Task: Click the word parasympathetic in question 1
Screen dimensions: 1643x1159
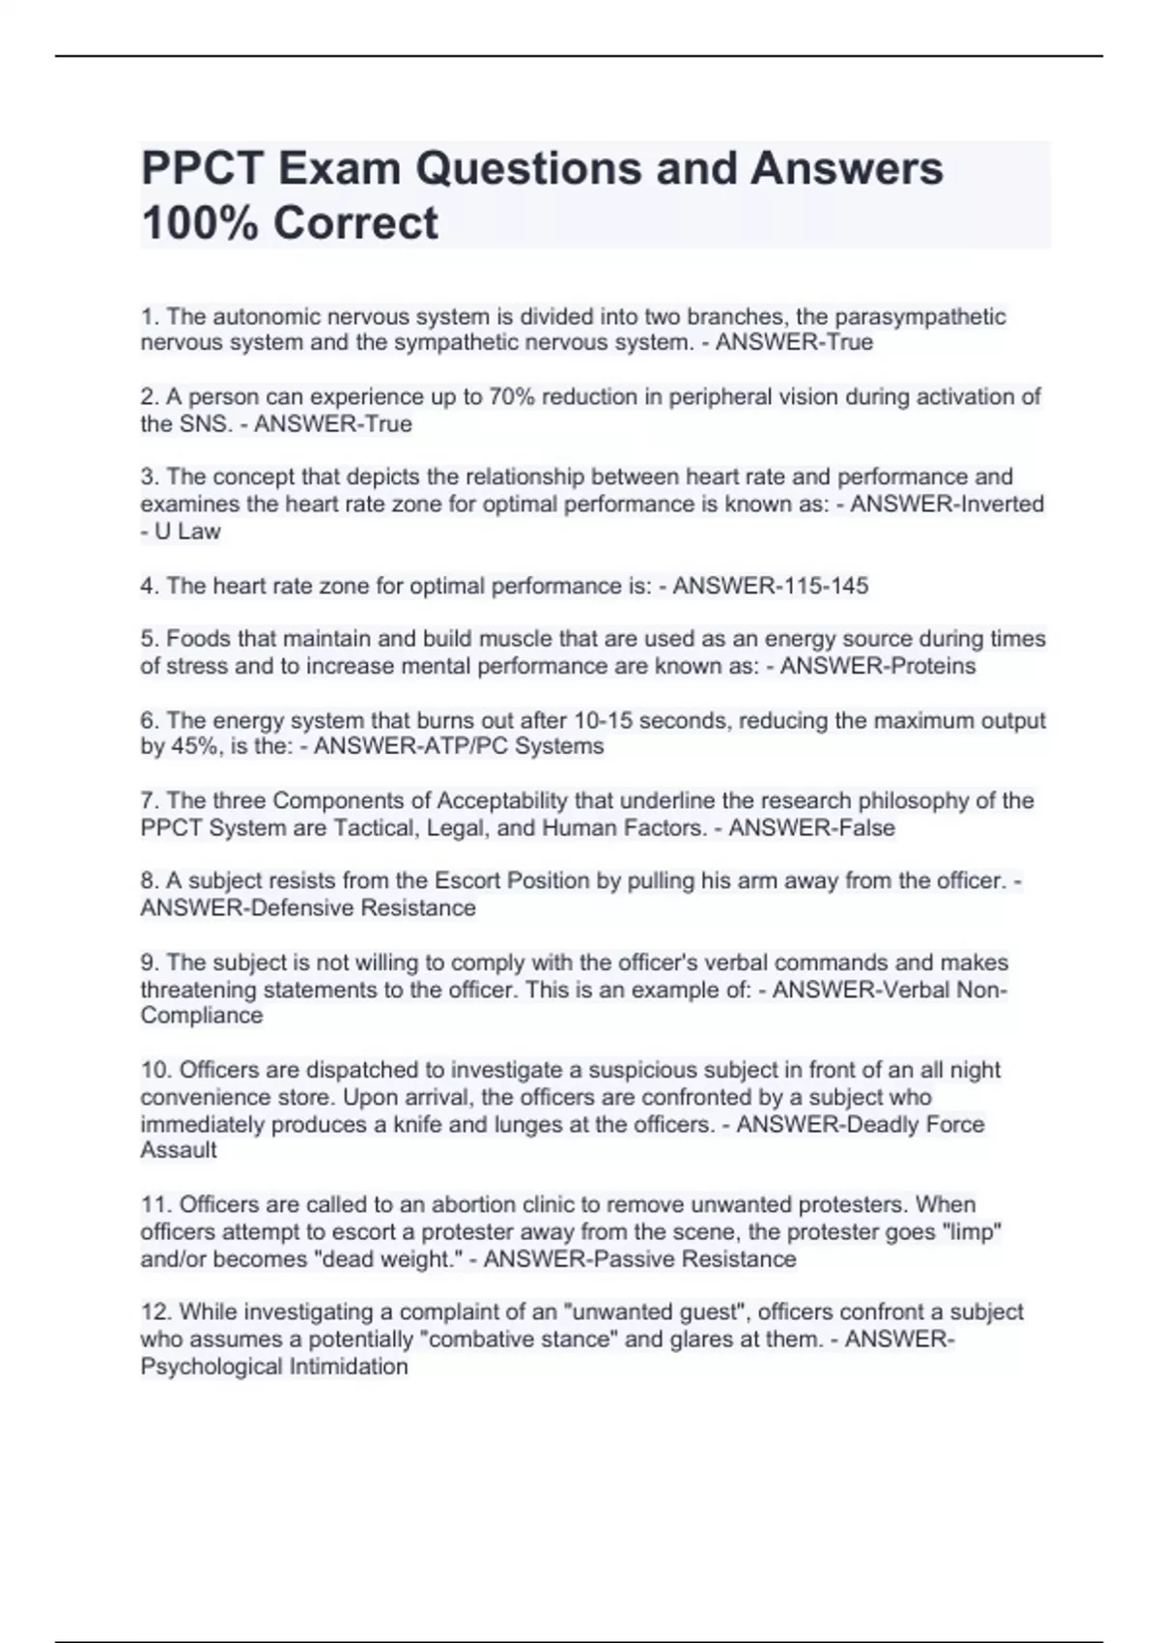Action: pos(919,317)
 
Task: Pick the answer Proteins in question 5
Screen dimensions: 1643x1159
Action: pos(929,667)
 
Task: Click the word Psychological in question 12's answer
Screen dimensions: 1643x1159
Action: pos(204,1367)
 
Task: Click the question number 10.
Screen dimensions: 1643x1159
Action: pos(155,1071)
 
